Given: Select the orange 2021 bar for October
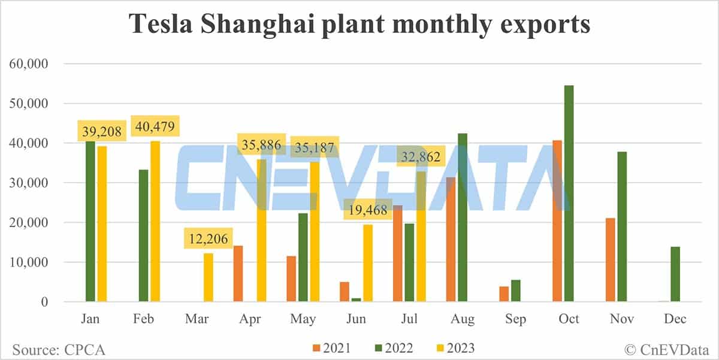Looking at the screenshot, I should (557, 222).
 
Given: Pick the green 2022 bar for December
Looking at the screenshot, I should (676, 274).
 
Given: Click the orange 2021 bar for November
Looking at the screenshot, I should (611, 260).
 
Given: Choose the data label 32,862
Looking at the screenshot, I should (421, 158).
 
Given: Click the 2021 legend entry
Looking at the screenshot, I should (331, 347).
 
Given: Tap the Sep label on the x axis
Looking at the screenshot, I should (515, 319).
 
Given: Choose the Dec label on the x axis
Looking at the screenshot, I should (675, 319).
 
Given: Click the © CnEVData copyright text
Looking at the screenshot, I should (669, 348).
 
